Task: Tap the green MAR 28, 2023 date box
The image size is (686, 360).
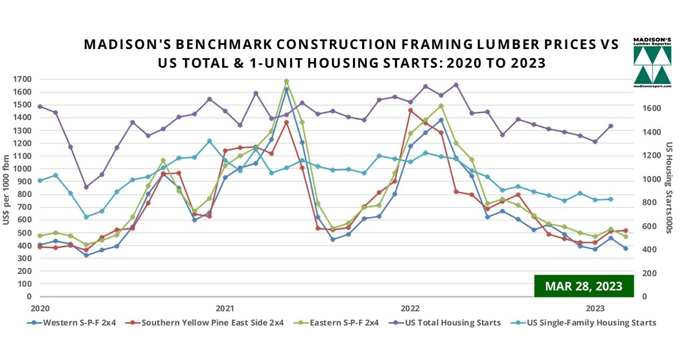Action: coord(584,286)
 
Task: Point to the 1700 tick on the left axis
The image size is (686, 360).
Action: coord(24,79)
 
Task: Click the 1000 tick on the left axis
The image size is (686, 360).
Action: coord(24,169)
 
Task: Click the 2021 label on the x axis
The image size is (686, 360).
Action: coord(225,309)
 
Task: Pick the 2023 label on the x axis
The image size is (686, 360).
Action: coord(595,309)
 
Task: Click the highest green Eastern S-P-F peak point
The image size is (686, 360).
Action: coord(287,81)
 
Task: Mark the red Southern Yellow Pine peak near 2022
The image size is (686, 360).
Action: coord(411,110)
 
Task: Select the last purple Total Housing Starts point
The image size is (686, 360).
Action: coord(611,126)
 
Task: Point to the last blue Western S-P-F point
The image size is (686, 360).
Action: coord(626,248)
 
